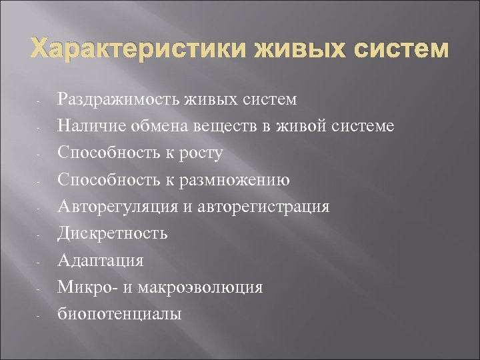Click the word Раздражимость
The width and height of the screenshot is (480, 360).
click(117, 99)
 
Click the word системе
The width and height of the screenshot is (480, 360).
click(362, 126)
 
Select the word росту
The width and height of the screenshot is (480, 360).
click(199, 153)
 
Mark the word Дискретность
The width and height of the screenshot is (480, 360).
click(112, 233)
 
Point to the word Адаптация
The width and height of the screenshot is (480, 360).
click(101, 260)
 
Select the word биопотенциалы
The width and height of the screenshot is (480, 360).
click(119, 314)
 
